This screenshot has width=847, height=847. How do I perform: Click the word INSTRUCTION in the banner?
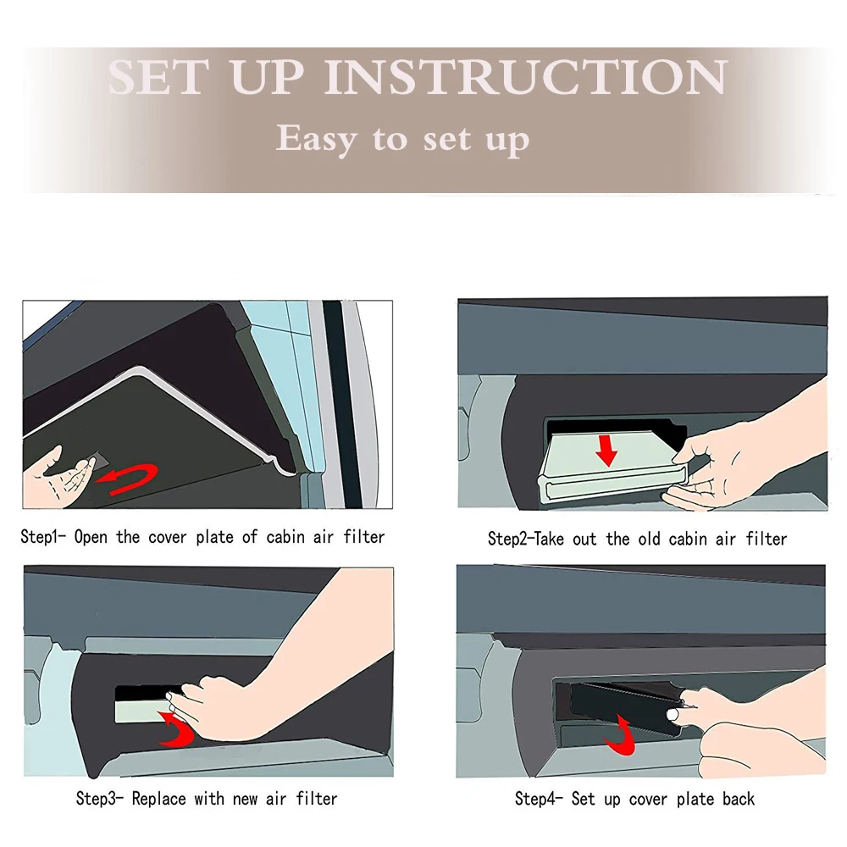point(526,77)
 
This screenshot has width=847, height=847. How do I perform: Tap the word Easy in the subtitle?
point(317,139)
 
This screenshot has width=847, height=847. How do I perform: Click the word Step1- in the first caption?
point(43,537)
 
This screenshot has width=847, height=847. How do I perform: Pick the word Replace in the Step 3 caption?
point(159,799)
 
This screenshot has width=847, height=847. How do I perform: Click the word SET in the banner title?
point(159,77)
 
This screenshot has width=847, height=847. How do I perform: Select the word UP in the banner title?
point(268,77)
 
